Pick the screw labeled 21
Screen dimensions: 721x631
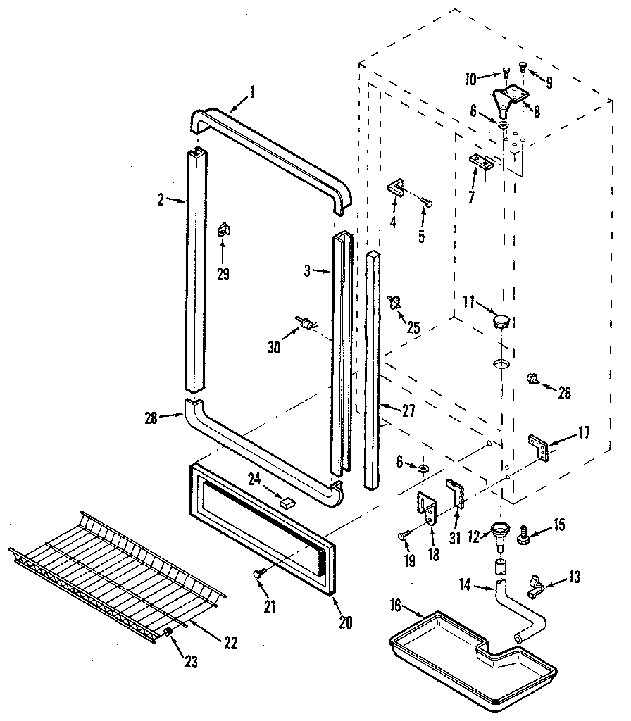point(258,575)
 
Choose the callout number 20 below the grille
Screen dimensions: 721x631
point(344,622)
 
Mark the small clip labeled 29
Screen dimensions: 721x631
point(223,229)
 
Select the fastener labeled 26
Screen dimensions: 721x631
point(533,380)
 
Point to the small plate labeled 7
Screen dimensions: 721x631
point(481,162)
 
